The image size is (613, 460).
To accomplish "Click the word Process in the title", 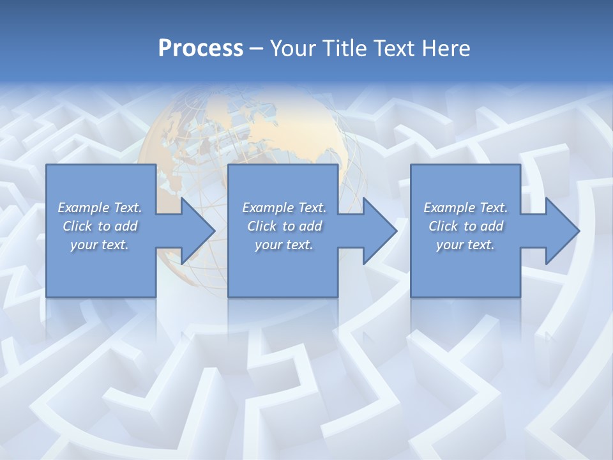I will point(201,48).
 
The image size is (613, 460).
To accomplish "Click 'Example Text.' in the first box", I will point(100,208).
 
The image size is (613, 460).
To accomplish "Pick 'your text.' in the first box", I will point(100,245).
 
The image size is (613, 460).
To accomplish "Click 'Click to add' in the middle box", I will point(284,226).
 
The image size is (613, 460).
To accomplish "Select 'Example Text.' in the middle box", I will point(284,208).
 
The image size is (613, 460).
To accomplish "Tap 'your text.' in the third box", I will point(465,245).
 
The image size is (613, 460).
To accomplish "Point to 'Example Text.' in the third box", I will point(465,208).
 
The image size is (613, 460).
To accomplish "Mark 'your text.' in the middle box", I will point(284,245).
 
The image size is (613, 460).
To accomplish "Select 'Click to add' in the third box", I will point(465,226).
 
